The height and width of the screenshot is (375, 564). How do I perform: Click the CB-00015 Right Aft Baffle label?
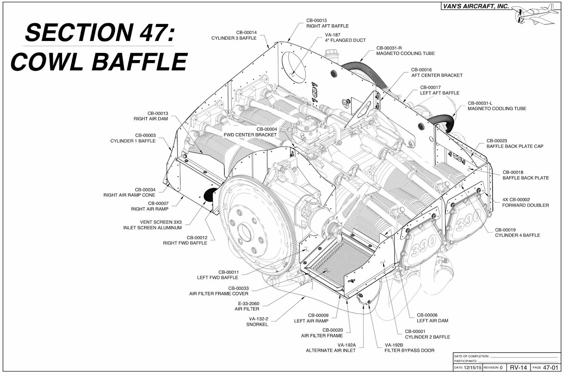(x=327, y=23)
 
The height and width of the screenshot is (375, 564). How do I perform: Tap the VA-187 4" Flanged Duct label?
(x=345, y=37)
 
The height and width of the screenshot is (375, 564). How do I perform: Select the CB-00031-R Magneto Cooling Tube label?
(x=405, y=51)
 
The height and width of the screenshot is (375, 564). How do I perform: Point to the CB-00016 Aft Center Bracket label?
(x=437, y=72)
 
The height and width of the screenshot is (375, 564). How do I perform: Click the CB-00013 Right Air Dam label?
(x=151, y=116)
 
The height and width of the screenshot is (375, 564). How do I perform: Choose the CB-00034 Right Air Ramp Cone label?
(x=129, y=192)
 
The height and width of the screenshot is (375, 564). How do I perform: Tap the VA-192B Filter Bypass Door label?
(x=409, y=347)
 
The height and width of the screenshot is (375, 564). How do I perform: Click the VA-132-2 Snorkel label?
(x=257, y=322)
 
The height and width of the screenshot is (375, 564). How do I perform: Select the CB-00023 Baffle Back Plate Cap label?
(x=515, y=143)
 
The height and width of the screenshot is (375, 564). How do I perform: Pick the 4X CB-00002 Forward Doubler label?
(x=526, y=202)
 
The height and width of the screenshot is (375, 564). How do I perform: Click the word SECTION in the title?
(x=79, y=32)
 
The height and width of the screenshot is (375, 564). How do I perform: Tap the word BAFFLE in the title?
(x=140, y=62)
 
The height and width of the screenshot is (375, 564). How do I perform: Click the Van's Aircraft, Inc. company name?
(x=476, y=6)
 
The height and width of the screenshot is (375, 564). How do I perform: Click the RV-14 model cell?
(x=519, y=368)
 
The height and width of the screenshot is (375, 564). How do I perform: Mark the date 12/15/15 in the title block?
(x=472, y=368)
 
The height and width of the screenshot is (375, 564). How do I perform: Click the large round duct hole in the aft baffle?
(x=294, y=67)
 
